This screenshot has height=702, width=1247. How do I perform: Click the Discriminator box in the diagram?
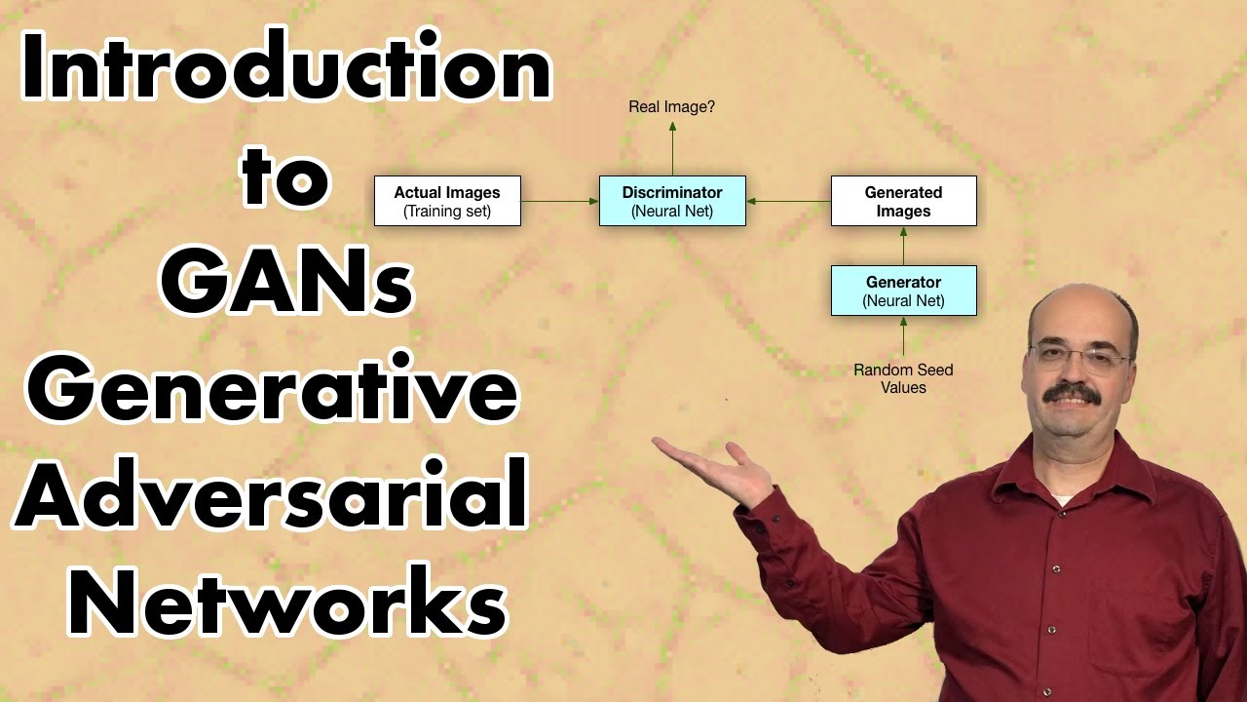672,201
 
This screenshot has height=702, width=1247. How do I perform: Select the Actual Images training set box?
447,201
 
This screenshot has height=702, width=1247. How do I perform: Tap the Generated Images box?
903,201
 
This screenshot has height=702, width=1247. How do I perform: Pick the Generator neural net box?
903,291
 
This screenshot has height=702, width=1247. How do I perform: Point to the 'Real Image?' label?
671,106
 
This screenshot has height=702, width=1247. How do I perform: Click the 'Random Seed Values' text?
903,378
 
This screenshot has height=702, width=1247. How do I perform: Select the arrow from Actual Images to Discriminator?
559,202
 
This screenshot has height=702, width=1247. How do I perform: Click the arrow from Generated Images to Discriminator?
788,202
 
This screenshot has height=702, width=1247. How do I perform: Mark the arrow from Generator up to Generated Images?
903,246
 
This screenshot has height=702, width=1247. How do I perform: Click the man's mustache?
1072,394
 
